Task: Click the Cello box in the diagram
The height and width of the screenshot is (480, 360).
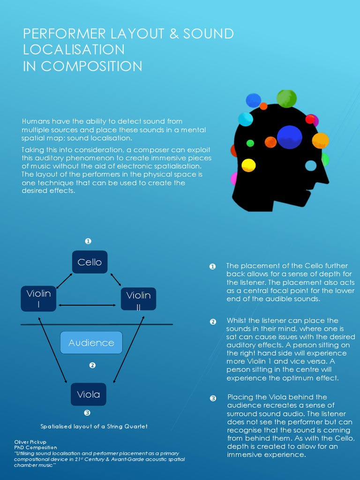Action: tap(90, 262)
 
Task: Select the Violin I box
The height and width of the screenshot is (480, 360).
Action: tap(38, 299)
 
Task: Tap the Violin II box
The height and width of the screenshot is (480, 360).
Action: tap(138, 299)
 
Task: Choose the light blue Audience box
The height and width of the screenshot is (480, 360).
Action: tap(91, 343)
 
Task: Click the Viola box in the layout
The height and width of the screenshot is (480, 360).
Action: tap(89, 394)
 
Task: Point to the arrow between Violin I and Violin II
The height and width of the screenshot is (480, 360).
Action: tap(87, 305)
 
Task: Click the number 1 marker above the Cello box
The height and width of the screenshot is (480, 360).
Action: tap(88, 241)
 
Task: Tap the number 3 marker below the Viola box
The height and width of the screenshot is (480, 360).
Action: tap(87, 413)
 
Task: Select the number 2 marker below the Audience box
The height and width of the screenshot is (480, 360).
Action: tap(92, 365)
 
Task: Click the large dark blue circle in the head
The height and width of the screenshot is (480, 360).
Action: tap(290, 137)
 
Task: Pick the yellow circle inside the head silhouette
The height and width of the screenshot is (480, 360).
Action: tap(248, 165)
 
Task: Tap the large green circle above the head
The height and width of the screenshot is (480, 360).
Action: tap(286, 98)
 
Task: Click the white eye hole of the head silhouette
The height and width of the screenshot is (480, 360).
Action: tap(311, 165)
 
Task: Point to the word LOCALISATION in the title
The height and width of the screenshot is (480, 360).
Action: tap(74, 50)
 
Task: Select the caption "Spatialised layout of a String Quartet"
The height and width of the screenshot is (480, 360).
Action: tap(94, 427)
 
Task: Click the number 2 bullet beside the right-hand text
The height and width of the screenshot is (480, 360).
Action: tap(213, 322)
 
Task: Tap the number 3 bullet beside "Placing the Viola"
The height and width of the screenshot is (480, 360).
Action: tap(213, 398)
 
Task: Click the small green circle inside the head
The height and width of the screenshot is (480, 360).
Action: tap(250, 143)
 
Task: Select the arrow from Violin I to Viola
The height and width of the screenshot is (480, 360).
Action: tap(52, 350)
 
